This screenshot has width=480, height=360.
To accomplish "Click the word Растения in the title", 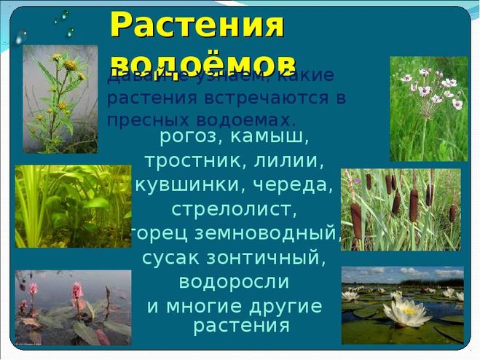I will (197, 26).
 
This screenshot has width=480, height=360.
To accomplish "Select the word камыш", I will (274, 136).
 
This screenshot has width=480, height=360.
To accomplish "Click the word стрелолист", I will (235, 210).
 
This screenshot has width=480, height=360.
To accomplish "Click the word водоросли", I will (235, 282).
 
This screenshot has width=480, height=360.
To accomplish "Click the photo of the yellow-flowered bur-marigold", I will (60, 98).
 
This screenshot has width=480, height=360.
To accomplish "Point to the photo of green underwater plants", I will (73, 206).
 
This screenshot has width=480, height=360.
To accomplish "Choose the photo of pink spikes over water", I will (73, 306).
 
